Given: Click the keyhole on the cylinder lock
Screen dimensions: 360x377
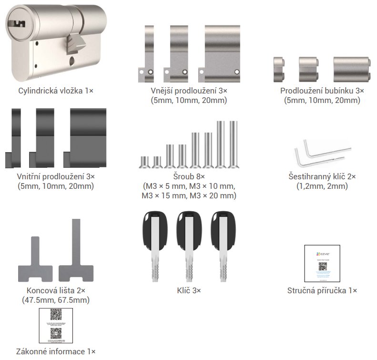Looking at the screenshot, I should pos(18,23).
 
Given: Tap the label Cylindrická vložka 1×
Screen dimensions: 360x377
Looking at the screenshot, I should pos(56,90).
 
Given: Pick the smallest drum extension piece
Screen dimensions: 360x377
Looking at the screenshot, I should pos(279,70).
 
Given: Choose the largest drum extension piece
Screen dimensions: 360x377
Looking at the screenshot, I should pos(352,70).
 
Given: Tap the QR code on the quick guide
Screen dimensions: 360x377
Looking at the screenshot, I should pos(323,266).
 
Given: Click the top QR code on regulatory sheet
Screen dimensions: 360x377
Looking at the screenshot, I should pos(56,315).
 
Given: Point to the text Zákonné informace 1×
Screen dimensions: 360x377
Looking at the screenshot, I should pos(56,351).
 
